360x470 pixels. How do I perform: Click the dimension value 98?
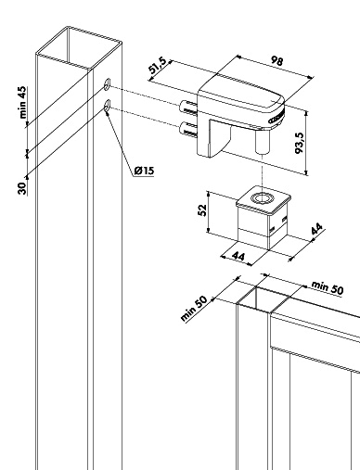click(276, 60)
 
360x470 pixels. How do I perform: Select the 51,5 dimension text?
click(158, 66)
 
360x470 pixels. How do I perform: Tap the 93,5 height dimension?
click(300, 143)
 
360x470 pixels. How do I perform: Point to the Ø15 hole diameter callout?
click(144, 171)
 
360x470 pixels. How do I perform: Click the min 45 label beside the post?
click(23, 103)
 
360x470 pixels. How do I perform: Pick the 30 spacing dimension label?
click(22, 188)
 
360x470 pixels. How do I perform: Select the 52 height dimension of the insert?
click(202, 210)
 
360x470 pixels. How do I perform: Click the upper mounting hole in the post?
click(107, 84)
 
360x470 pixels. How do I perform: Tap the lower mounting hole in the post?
click(107, 106)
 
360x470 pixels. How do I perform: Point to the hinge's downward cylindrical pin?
click(263, 142)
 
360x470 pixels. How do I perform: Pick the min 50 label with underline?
click(328, 287)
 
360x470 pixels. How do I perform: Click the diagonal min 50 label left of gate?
click(194, 309)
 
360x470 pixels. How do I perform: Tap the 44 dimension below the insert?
click(238, 256)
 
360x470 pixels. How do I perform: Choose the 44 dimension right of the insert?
click(317, 229)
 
